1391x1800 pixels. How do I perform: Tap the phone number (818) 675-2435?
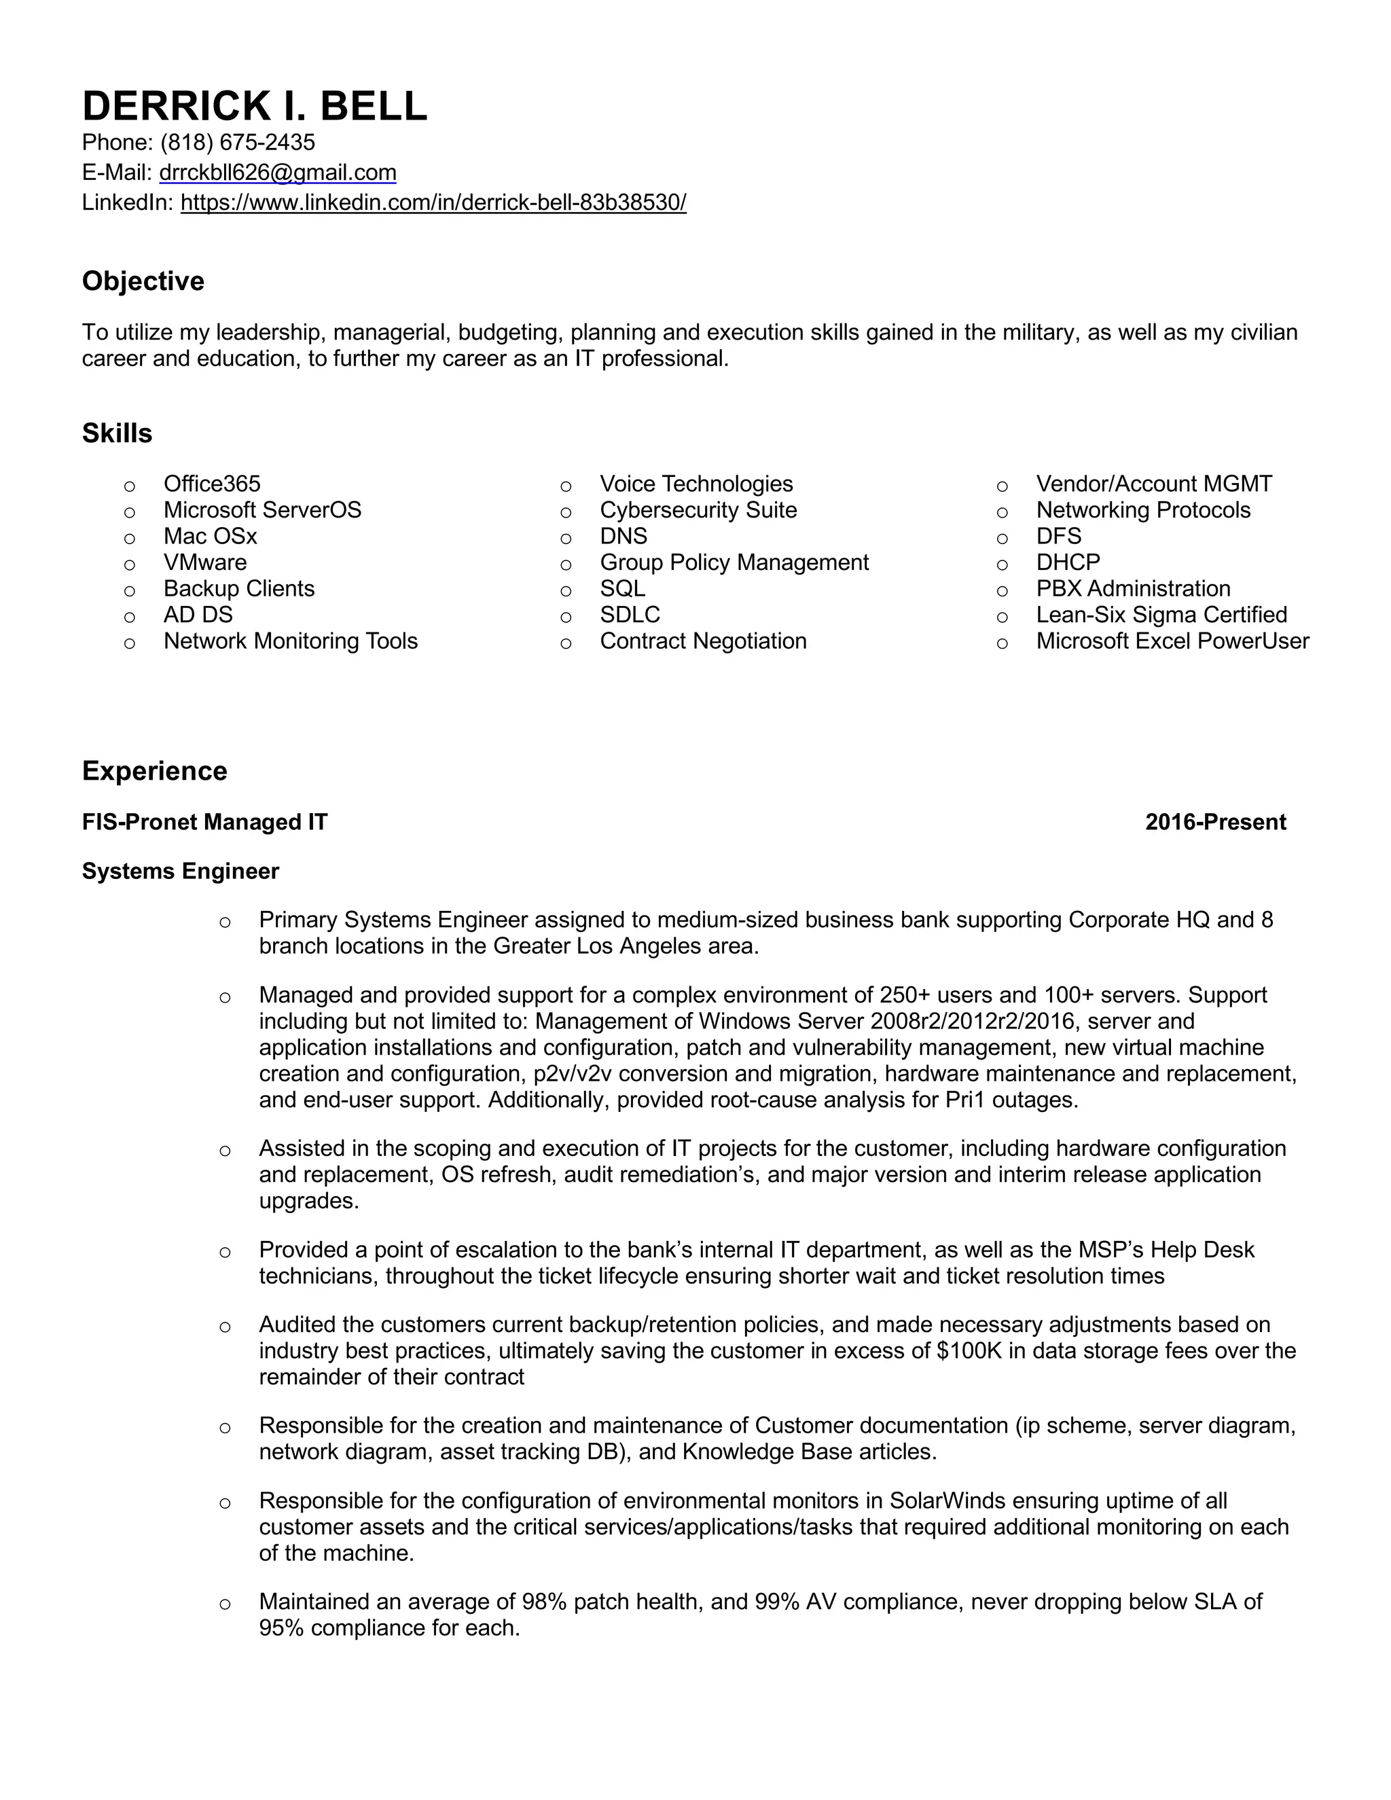[237, 143]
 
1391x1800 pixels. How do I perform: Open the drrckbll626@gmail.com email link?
[278, 173]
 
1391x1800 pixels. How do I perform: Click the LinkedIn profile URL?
[433, 202]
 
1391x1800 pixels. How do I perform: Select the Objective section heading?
[143, 281]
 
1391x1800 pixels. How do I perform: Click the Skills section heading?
[117, 433]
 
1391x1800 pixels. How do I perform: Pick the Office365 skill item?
[212, 484]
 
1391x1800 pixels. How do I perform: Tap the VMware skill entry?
[205, 562]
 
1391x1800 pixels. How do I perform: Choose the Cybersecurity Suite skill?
[698, 510]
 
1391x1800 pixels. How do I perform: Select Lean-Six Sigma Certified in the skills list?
[1161, 615]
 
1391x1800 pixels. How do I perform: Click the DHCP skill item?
[1068, 562]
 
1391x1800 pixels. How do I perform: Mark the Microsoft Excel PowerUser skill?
[1172, 641]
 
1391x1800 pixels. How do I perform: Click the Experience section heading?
[154, 772]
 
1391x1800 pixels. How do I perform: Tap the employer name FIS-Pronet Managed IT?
[204, 822]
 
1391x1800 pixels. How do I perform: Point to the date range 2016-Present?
[1214, 822]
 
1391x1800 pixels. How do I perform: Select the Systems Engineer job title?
[181, 871]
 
